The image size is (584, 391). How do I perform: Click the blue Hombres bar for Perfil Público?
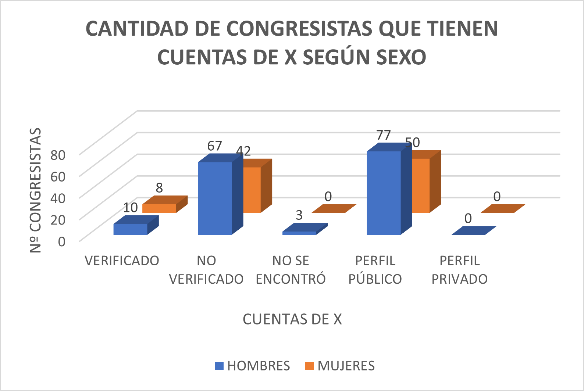click(384, 193)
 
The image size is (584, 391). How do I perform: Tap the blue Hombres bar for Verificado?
click(130, 229)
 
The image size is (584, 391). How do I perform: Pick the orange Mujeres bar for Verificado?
click(159, 208)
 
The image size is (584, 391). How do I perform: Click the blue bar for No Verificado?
click(215, 198)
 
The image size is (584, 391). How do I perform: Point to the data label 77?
click(383, 135)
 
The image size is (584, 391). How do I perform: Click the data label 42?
click(243, 151)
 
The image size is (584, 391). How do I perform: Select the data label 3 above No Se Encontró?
click(299, 215)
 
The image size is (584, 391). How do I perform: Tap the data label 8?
click(159, 188)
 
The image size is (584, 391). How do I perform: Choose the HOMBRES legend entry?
click(253, 366)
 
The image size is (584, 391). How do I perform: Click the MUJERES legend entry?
click(340, 366)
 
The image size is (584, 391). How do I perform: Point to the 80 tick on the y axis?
click(58, 155)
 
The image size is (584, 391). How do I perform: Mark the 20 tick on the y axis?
click(58, 220)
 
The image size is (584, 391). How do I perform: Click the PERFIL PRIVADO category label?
click(459, 270)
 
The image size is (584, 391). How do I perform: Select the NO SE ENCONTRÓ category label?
click(291, 270)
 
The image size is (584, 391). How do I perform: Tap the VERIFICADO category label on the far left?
click(122, 261)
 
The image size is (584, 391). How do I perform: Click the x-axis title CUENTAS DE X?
click(292, 319)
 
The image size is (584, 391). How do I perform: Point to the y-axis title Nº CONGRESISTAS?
click(36, 190)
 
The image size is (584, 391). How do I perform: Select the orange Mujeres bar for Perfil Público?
click(421, 186)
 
